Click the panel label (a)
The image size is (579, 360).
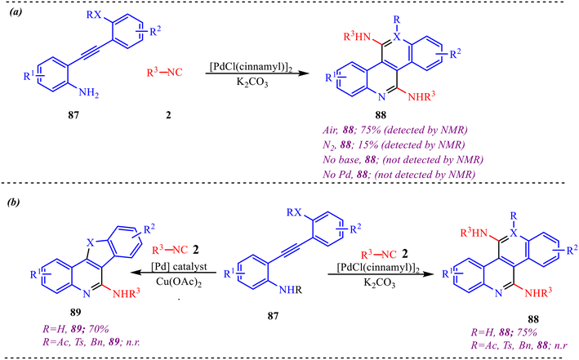[16, 12]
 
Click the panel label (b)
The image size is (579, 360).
[14, 202]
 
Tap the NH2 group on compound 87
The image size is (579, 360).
[89, 92]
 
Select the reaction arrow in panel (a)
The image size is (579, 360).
[257, 73]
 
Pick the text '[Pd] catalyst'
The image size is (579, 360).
[179, 266]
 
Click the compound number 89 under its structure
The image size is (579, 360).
[75, 313]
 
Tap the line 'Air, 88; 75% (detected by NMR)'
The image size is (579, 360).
[395, 130]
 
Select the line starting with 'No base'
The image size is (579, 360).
[403, 159]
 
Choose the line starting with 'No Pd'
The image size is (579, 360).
[399, 174]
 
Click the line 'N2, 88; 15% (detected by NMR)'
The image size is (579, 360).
[394, 145]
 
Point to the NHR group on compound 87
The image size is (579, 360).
[290, 290]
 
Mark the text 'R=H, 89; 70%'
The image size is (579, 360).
[76, 329]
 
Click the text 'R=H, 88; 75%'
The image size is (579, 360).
[504, 332]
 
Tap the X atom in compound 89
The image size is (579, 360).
[89, 242]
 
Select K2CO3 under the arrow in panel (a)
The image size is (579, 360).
[252, 82]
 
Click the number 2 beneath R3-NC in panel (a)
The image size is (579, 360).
[168, 115]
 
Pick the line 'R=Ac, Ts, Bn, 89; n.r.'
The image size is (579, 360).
[92, 342]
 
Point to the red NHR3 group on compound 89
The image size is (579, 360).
[127, 294]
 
